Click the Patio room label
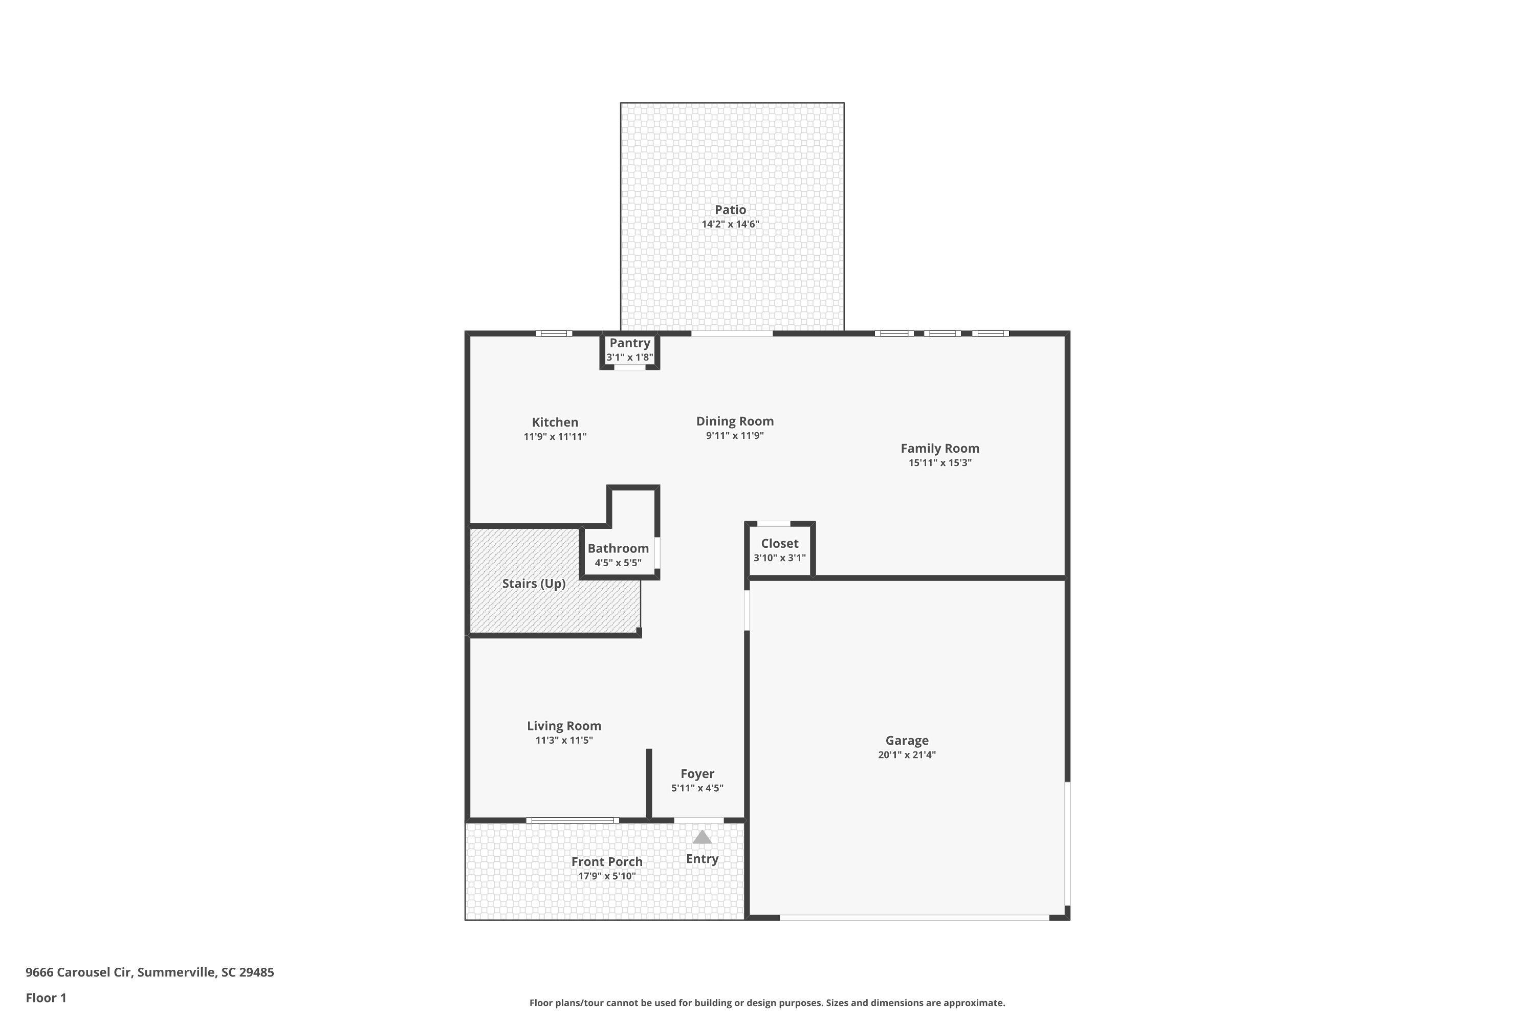pyautogui.click(x=730, y=209)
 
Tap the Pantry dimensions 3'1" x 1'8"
pyautogui.click(x=629, y=358)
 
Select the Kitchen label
pyautogui.click(x=555, y=422)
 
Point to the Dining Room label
pyautogui.click(x=734, y=421)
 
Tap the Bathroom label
pyautogui.click(x=618, y=548)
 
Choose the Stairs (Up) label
pyautogui.click(x=533, y=583)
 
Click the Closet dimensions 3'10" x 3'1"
pyautogui.click(x=779, y=558)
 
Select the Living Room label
pyautogui.click(x=564, y=725)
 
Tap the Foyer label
pyautogui.click(x=697, y=774)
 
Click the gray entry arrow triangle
pyautogui.click(x=701, y=837)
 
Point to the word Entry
pyautogui.click(x=701, y=859)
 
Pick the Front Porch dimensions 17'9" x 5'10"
pyautogui.click(x=606, y=876)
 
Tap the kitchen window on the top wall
pyautogui.click(x=554, y=333)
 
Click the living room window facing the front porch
pyautogui.click(x=573, y=820)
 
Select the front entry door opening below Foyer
pyautogui.click(x=698, y=820)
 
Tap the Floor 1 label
pyautogui.click(x=46, y=997)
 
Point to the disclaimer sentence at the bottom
pyautogui.click(x=767, y=1003)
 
